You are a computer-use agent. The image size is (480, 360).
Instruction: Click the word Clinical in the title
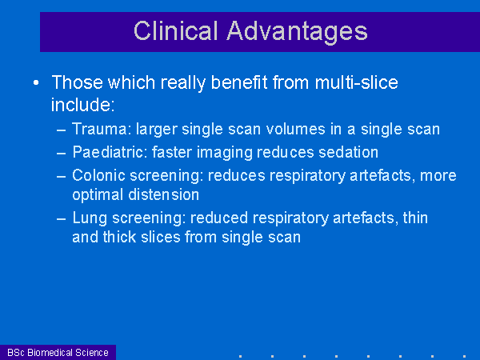click(x=176, y=30)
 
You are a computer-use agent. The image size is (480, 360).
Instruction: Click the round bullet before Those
click(x=36, y=82)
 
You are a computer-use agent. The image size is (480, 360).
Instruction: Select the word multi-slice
click(x=356, y=82)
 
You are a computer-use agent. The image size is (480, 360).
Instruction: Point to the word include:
click(x=82, y=105)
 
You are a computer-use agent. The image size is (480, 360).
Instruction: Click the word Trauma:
click(x=102, y=129)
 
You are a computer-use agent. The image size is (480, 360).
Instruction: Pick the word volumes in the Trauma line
click(x=295, y=129)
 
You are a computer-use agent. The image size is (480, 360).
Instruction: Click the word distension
click(x=164, y=194)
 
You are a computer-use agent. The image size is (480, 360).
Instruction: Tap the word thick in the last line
click(x=119, y=237)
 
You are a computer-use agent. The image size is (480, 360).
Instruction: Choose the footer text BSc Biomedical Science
click(x=58, y=352)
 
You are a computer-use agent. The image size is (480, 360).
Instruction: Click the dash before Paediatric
click(x=62, y=153)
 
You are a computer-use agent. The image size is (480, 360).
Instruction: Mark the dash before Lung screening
click(x=62, y=219)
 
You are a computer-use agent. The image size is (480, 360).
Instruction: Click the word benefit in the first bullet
click(x=239, y=82)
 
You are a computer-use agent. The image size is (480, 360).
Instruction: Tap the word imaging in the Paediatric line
click(x=224, y=153)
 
